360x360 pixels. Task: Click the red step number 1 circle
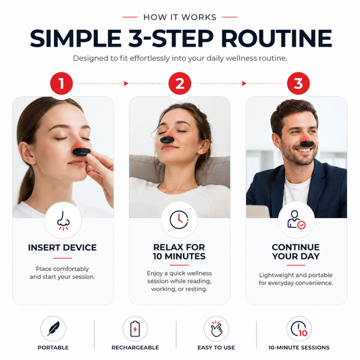[61, 83]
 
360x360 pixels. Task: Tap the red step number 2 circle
[180, 83]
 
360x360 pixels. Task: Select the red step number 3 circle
[299, 83]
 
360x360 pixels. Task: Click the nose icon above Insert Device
[63, 221]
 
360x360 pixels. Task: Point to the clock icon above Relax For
[179, 220]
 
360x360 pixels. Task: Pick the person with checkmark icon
[297, 220]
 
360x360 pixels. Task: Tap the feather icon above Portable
[53, 328]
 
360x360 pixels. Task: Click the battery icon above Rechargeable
[135, 329]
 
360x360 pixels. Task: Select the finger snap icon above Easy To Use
[216, 329]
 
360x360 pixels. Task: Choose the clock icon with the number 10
[299, 329]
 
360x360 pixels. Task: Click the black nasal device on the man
[307, 144]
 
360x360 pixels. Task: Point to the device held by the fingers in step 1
[82, 152]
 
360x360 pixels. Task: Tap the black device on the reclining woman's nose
[166, 140]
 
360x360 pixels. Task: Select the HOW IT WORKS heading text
[180, 17]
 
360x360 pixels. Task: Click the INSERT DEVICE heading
[62, 248]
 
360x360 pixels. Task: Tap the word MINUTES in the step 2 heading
[185, 256]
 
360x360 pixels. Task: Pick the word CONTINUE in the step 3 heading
[296, 247]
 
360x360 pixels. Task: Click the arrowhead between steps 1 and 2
[126, 83]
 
